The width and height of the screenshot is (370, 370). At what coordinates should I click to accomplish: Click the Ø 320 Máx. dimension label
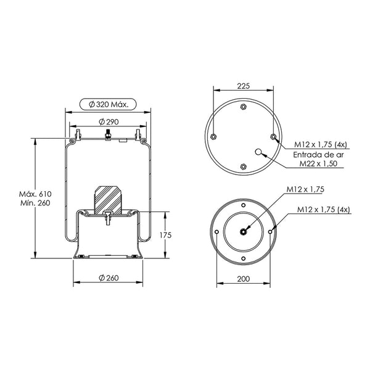(x=109, y=104)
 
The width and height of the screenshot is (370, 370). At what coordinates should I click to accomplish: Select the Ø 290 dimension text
(x=109, y=121)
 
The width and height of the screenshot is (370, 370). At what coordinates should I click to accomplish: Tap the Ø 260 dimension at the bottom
(x=109, y=277)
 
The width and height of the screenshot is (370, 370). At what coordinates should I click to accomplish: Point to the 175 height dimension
(x=165, y=235)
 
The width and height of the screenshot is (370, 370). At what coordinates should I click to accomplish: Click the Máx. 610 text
(x=35, y=194)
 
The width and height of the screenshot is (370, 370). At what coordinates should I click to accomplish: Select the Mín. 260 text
(x=35, y=203)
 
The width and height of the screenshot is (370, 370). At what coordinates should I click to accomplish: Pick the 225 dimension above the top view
(x=244, y=86)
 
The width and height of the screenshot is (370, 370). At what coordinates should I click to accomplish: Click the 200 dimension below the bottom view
(x=244, y=279)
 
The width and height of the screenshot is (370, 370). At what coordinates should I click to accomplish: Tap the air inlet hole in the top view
(x=259, y=152)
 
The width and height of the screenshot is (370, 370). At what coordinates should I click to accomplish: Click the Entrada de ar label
(x=318, y=155)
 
